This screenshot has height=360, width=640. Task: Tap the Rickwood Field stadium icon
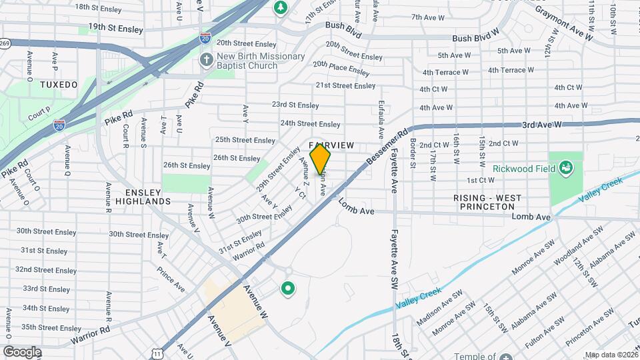pos(567,167)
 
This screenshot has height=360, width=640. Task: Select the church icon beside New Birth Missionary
pos(207,60)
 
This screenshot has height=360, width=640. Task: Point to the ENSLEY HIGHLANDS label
pos(143,196)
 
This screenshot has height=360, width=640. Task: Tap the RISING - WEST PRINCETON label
pos(487,202)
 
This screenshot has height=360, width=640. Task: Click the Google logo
pos(22,351)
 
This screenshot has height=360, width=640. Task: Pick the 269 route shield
pos(5,43)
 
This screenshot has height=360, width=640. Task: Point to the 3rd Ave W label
pos(543,125)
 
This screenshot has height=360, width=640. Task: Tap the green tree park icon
pos(281,7)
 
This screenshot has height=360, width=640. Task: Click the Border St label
pos(413,153)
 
